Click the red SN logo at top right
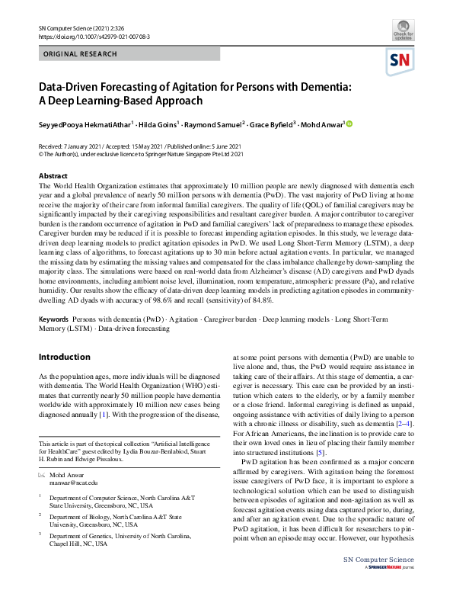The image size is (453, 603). (x=402, y=60)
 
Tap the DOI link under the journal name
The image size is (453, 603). (x=88, y=36)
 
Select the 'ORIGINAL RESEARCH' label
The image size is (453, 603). (x=81, y=54)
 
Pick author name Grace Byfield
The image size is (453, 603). (x=272, y=123)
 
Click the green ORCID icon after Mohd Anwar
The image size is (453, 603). (x=350, y=123)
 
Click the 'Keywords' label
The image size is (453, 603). (x=55, y=319)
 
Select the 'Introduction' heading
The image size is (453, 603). (x=64, y=357)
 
